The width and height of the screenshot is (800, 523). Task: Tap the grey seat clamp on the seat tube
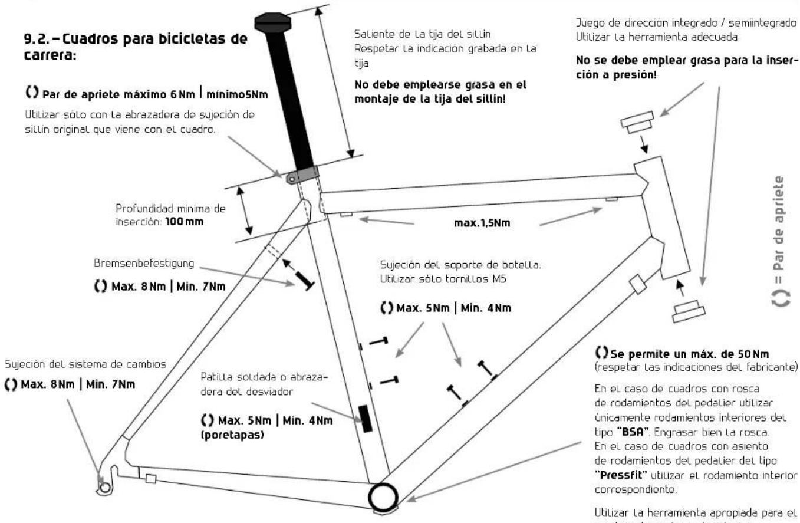click(302, 175)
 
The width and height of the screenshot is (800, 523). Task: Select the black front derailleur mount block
click(368, 419)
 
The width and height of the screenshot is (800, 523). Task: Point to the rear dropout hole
click(104, 488)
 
